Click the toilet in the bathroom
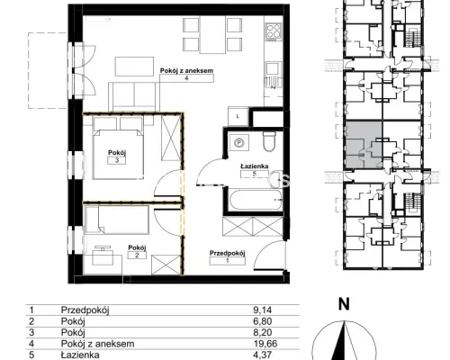[269, 141]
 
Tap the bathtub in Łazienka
[256, 200]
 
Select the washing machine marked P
[239, 142]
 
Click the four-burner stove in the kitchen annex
[274, 31]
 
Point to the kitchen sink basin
[273, 68]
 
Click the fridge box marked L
[238, 116]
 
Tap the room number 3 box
[117, 160]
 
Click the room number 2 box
[137, 256]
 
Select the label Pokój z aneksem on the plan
[186, 71]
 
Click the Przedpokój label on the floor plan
[228, 253]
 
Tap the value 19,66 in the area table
[265, 344]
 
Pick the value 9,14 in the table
[263, 310]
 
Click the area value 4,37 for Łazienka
[263, 355]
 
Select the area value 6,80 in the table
[263, 321]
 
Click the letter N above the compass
[344, 304]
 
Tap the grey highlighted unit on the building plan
[364, 144]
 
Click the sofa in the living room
[133, 97]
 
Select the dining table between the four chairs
[212, 35]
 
